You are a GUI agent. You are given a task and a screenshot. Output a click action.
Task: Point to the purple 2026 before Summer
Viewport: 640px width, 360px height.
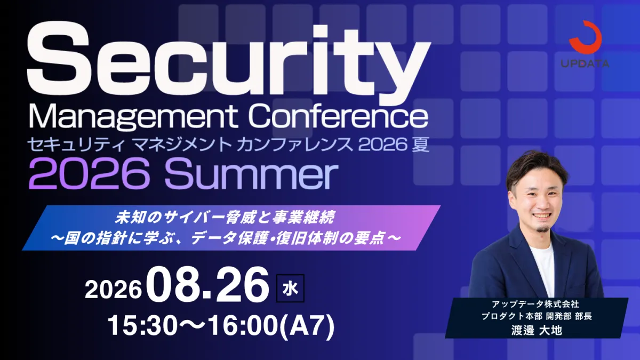[x=90, y=174]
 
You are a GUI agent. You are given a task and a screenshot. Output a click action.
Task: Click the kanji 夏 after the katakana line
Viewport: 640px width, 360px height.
[x=420, y=145]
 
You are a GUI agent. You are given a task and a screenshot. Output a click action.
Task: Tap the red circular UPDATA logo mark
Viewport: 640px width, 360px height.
[x=585, y=37]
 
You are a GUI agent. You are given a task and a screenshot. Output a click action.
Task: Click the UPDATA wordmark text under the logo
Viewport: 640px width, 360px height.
[x=585, y=63]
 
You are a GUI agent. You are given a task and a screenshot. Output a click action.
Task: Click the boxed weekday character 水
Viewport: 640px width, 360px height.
[x=290, y=289]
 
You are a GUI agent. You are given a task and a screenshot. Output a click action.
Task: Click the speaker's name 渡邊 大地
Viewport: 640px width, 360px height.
[x=537, y=331]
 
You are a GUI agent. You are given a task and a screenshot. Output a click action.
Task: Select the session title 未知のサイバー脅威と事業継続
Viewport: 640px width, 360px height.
[x=225, y=218]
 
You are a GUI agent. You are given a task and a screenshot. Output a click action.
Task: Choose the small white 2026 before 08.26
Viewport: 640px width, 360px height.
[x=114, y=290]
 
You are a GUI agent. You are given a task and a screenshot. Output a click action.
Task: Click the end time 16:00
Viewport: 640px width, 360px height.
[x=243, y=326]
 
